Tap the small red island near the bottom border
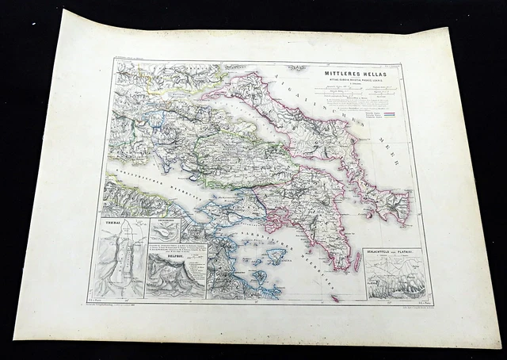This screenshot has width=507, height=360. (x=334, y=298)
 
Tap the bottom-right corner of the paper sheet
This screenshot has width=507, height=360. (x=499, y=346)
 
